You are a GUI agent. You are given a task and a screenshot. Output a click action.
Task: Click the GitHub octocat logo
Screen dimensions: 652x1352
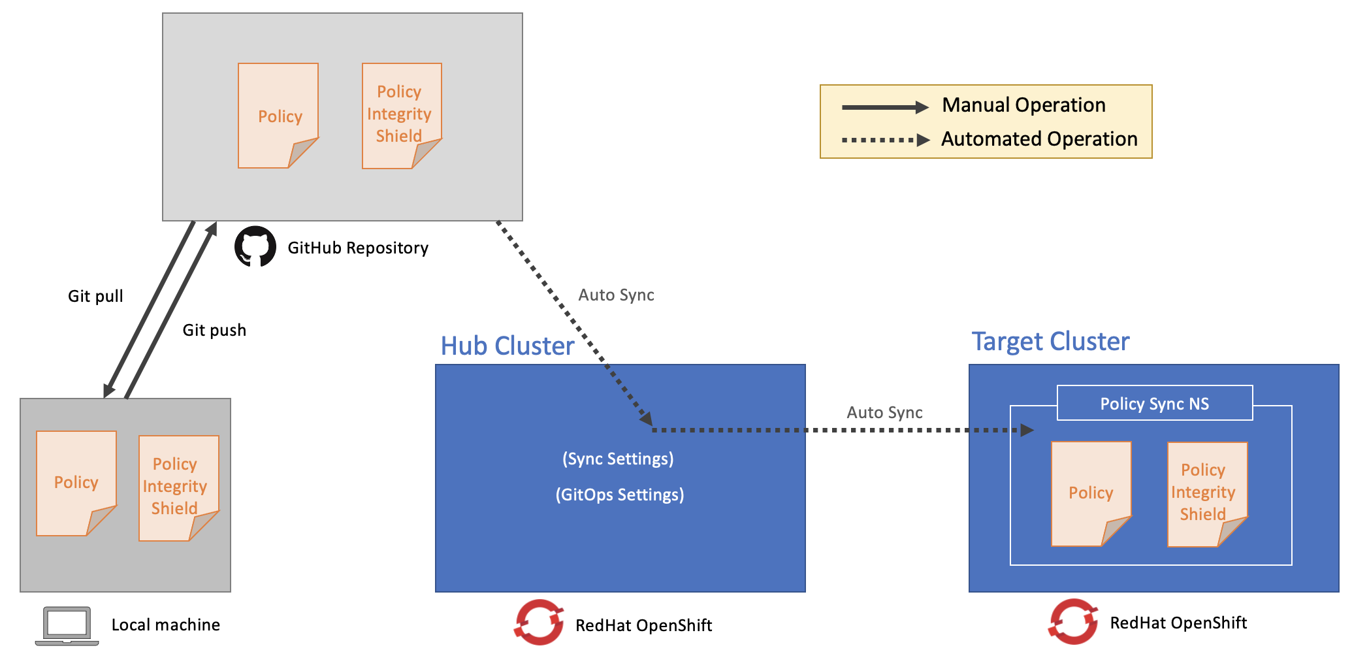tap(255, 247)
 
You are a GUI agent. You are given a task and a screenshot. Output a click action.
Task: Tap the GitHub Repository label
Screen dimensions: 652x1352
tap(358, 248)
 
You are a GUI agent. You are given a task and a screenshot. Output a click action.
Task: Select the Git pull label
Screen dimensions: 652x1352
tap(95, 297)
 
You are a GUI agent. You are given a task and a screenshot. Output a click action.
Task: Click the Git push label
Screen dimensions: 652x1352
tap(214, 331)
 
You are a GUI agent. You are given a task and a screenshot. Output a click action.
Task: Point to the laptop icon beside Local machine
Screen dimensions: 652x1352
tap(67, 625)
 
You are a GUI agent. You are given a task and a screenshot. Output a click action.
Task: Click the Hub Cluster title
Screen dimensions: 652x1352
tap(507, 346)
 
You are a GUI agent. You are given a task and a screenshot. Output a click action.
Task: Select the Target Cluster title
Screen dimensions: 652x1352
tap(1050, 342)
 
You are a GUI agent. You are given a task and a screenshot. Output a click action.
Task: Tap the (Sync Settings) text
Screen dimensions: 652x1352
tap(618, 459)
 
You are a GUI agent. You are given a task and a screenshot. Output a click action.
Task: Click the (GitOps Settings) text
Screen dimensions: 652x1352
tap(620, 495)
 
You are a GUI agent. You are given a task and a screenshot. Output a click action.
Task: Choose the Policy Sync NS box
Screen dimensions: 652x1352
tap(1154, 404)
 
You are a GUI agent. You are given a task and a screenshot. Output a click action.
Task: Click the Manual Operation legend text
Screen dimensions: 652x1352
tap(1023, 105)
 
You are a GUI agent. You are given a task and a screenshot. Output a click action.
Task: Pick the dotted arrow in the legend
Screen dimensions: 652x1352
tap(885, 140)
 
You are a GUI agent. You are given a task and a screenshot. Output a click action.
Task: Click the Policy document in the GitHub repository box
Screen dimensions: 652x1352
tap(278, 116)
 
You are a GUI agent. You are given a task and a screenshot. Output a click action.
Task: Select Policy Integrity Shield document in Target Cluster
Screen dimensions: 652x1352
tap(1206, 493)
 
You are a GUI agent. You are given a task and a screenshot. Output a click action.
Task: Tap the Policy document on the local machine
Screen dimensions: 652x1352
tap(76, 483)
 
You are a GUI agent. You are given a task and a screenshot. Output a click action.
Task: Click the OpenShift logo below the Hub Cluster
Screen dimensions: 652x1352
tap(539, 623)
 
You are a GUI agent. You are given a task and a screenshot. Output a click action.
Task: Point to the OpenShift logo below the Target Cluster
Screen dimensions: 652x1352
tap(1073, 621)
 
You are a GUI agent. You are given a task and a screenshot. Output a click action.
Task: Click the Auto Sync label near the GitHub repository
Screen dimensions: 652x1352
tap(616, 295)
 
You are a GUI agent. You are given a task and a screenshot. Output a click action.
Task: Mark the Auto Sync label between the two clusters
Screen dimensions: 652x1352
tap(884, 413)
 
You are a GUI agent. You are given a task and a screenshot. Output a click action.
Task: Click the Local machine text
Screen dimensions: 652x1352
tap(165, 625)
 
